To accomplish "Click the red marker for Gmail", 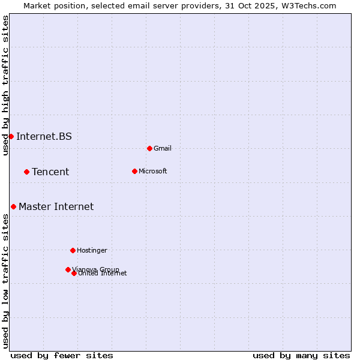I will (149, 148).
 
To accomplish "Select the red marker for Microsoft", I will (134, 171).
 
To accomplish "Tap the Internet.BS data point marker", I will (11, 136).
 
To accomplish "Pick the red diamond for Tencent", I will (26, 172).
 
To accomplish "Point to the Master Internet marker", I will (13, 206).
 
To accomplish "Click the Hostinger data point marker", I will (73, 250).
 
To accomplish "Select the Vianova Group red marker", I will (68, 269).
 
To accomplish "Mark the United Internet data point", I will (74, 273).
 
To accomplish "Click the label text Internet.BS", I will (44, 136).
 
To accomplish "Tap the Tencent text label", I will (50, 172).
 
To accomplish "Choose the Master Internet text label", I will (56, 206).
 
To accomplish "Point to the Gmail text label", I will (163, 148).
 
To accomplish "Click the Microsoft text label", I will (152, 171).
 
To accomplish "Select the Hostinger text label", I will (92, 250).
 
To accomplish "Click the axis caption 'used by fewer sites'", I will (62, 355).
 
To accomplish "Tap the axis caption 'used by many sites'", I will (301, 355).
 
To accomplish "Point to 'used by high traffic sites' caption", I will (5, 85).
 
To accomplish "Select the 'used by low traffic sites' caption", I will (5, 281).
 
